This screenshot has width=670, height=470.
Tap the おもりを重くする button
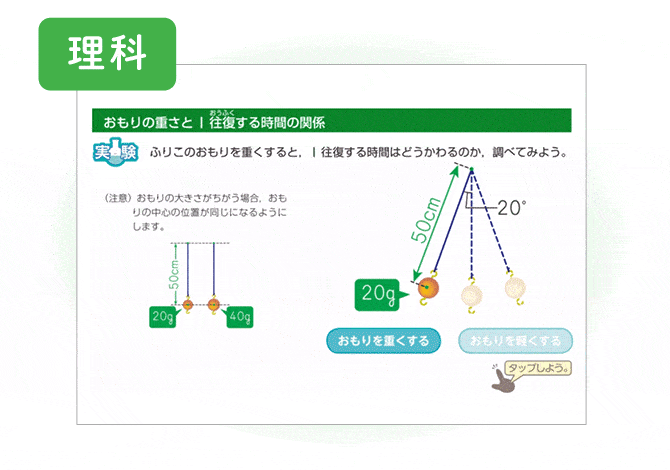tap(383, 341)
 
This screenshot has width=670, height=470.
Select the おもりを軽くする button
tap(516, 341)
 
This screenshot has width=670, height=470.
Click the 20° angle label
tap(511, 208)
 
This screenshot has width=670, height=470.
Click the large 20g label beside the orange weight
tap(379, 294)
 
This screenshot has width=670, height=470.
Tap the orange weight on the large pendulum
tap(425, 291)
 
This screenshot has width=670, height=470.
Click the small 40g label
tap(240, 317)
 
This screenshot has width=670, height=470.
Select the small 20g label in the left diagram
tap(162, 317)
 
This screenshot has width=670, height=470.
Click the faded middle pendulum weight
tap(470, 293)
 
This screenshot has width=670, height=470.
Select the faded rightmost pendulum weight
tap(514, 288)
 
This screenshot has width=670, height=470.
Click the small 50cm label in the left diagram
tap(175, 271)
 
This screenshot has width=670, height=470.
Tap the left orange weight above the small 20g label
tap(187, 304)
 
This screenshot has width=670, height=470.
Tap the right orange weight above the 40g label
tap(213, 304)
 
